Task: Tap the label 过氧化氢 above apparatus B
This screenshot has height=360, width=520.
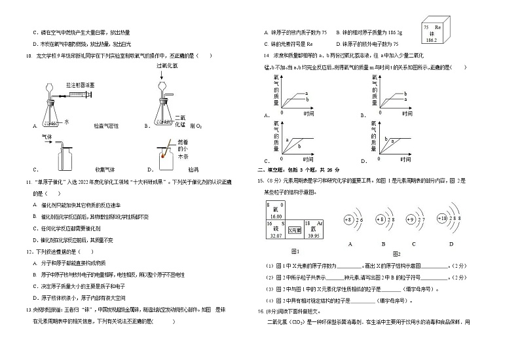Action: [168, 67]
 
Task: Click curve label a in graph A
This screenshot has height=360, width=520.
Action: [306, 94]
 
